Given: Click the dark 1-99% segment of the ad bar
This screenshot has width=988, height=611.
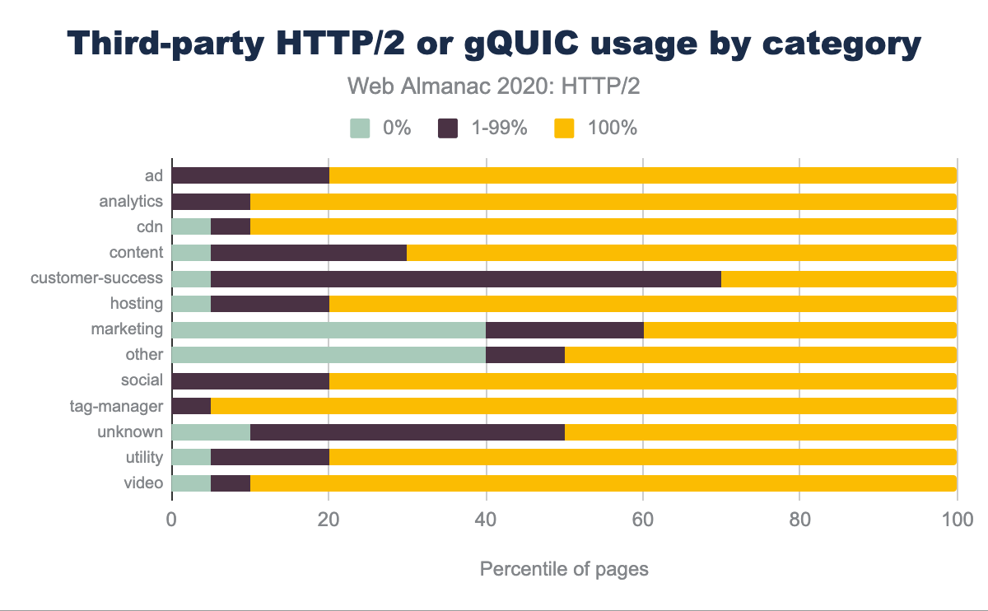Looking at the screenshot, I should [x=250, y=175].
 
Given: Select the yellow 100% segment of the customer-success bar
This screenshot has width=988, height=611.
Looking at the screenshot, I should [x=838, y=278].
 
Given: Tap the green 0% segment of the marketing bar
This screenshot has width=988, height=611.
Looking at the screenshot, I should [x=329, y=329].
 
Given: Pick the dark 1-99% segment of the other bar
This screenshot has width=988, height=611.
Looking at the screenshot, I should [x=525, y=355].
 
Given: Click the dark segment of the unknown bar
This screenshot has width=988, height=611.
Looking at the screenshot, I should [x=408, y=431].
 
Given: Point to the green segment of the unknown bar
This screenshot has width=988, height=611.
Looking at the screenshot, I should [x=211, y=431].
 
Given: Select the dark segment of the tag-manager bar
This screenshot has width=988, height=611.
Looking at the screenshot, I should [x=191, y=406].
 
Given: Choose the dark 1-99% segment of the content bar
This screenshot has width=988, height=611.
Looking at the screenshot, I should [x=309, y=252].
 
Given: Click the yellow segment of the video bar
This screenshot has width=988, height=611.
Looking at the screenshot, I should [x=603, y=483].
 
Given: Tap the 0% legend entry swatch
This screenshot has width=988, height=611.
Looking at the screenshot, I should [x=360, y=128].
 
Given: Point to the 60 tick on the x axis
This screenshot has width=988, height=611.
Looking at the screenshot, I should [x=642, y=520].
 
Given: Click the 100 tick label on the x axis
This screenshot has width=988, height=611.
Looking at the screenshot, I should [x=956, y=520].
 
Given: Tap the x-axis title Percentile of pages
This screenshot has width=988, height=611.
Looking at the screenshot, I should [x=564, y=569].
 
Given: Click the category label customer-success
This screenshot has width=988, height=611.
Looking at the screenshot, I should [x=96, y=278].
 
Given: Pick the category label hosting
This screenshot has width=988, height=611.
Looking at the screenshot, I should [x=136, y=304].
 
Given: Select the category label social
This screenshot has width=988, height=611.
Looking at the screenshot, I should [x=142, y=380].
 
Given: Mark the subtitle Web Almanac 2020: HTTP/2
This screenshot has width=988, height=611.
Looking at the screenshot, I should [x=493, y=86].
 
